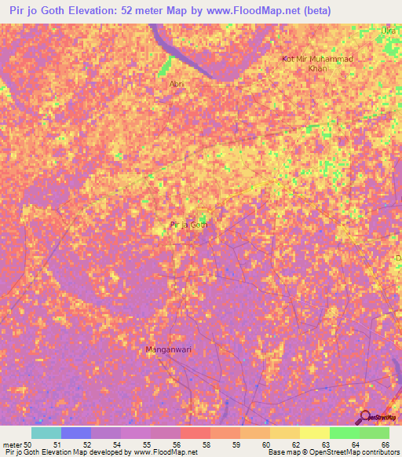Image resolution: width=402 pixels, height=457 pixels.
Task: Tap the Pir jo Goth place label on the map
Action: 189,225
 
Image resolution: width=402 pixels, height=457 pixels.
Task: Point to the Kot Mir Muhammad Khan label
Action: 318,64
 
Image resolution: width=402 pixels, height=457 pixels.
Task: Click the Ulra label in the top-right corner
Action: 387,31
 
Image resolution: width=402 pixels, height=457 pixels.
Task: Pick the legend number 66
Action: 385,444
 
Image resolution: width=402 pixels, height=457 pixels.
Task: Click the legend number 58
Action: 206,444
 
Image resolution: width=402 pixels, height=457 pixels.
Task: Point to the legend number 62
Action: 295,444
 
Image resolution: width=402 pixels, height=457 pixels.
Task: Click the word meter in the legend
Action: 12,444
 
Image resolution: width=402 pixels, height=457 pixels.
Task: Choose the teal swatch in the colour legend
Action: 46,433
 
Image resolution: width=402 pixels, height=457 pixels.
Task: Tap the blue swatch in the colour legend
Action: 75,433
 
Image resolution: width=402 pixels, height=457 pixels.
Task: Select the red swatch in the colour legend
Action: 196,433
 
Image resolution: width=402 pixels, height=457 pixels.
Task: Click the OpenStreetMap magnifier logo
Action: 366,417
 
